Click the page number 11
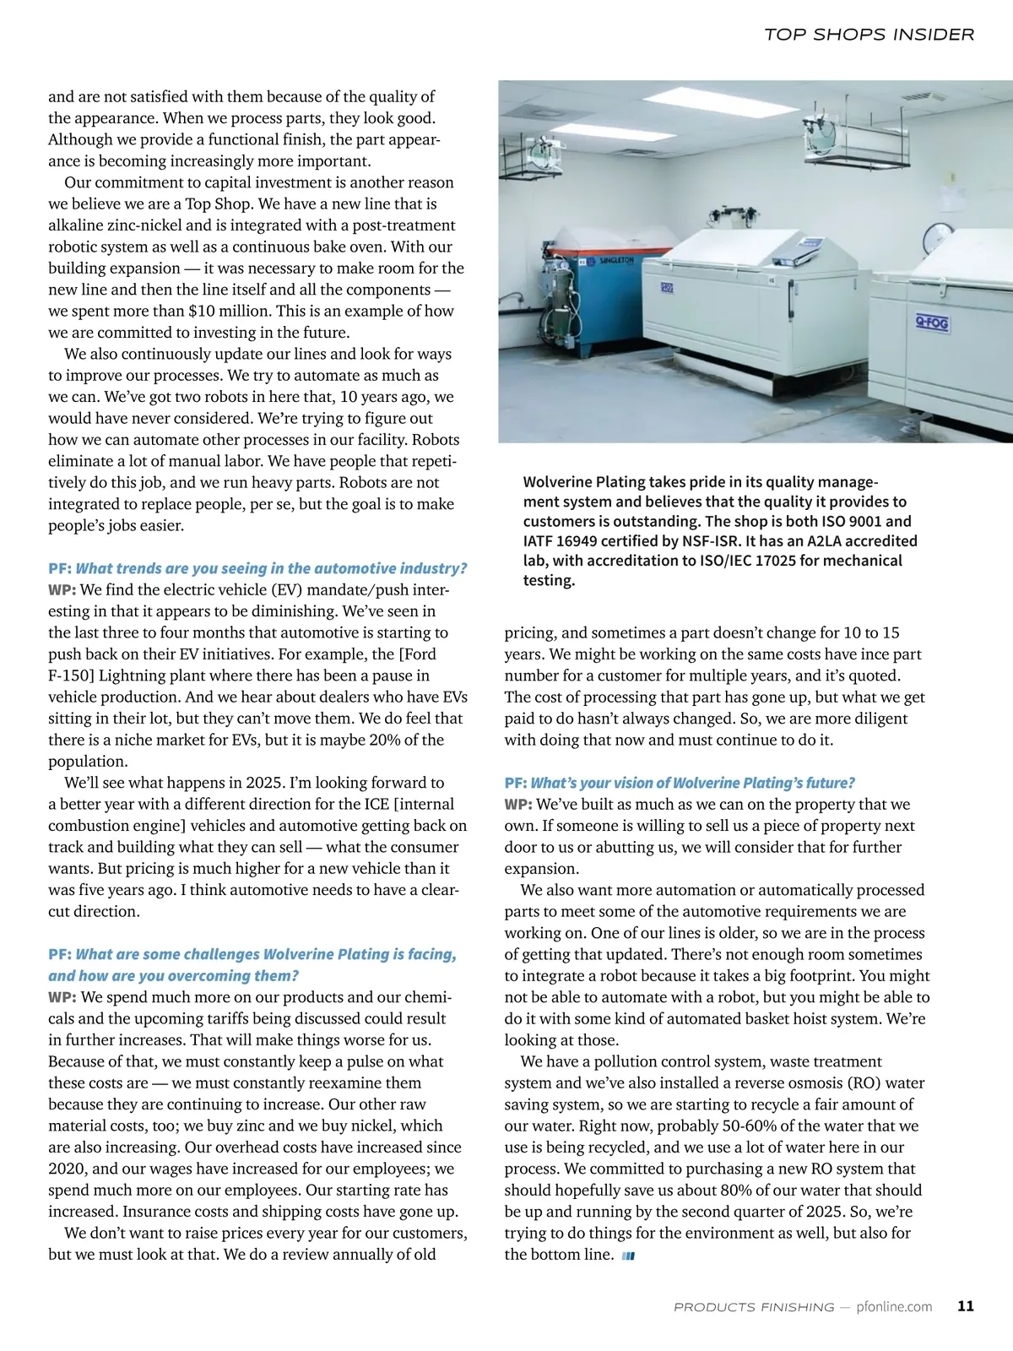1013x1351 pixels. coord(966,1305)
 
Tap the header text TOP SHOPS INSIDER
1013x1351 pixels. coord(869,35)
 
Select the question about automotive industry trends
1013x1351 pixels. coord(271,568)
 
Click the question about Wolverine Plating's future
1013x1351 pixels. coord(692,783)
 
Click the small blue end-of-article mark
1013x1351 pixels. coord(627,1256)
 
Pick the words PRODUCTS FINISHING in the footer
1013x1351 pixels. coord(754,1306)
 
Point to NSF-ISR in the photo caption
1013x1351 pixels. coord(707,541)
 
